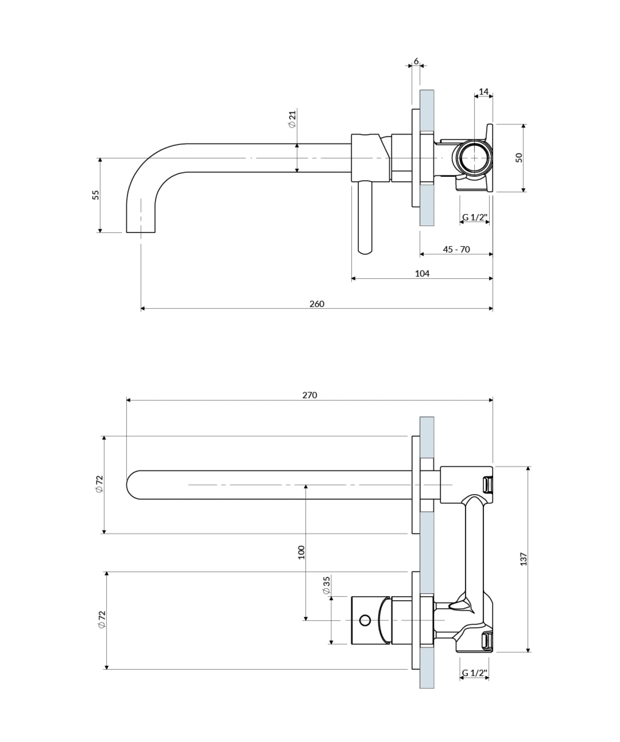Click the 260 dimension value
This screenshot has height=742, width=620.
click(317, 304)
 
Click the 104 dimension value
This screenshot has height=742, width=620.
click(422, 273)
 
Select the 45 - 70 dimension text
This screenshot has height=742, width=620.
click(456, 250)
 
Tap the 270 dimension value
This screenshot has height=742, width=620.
click(310, 395)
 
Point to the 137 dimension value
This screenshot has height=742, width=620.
click(524, 559)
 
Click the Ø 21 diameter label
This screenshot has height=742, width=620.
click(293, 119)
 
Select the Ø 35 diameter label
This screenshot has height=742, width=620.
click(327, 585)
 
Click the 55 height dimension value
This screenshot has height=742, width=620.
click(95, 195)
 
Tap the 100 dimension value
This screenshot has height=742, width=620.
click(301, 552)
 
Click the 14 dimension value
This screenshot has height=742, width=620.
click(484, 91)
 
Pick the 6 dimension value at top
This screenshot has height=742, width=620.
click(416, 62)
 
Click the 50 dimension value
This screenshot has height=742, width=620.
click(519, 158)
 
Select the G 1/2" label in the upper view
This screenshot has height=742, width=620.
click(475, 217)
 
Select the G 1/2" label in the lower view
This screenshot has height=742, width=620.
click(475, 673)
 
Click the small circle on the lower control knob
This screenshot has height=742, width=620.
click(365, 620)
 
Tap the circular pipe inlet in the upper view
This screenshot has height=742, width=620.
click(474, 158)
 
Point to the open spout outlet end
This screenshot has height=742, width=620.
click(141, 232)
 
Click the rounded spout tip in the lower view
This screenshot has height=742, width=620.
click(129, 485)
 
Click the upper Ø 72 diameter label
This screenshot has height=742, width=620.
click(99, 484)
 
